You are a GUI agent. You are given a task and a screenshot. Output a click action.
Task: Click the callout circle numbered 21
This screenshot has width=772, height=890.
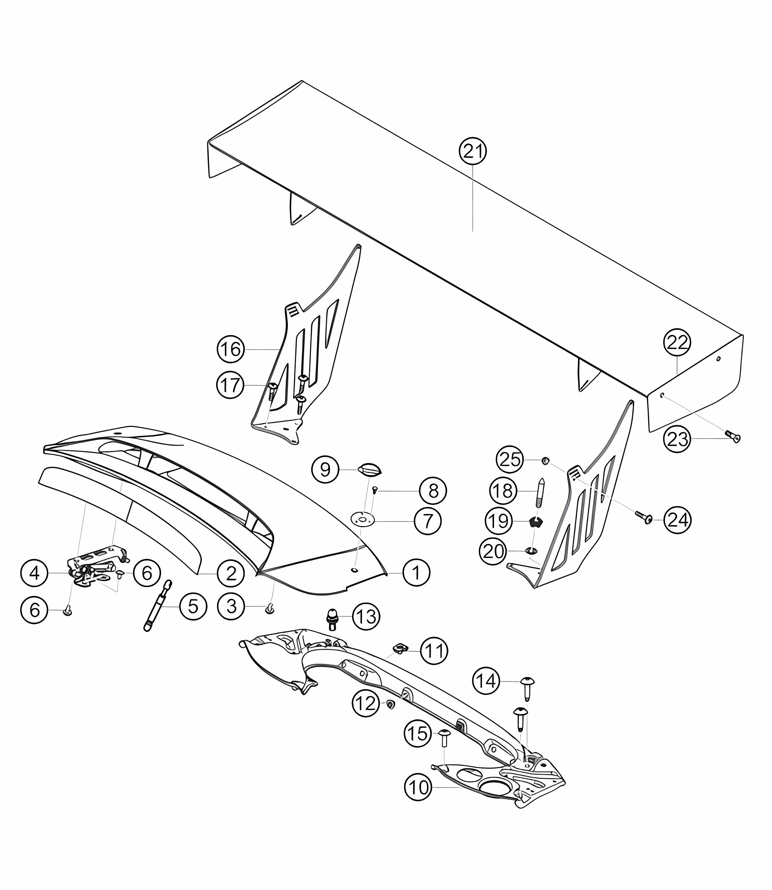pyautogui.click(x=473, y=151)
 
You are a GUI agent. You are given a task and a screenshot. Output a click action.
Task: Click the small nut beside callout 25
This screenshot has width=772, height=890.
pyautogui.click(x=545, y=461)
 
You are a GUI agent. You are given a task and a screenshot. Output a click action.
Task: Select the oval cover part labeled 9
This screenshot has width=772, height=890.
pyautogui.click(x=370, y=470)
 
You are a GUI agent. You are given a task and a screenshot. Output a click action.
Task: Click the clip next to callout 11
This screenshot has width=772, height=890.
pyautogui.click(x=401, y=659)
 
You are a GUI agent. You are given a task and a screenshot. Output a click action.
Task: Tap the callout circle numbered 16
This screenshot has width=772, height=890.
pyautogui.click(x=231, y=349)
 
